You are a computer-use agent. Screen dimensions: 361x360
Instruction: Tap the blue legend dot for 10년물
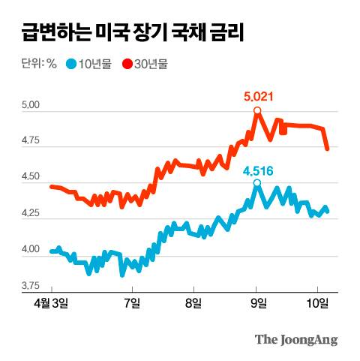(x=71, y=64)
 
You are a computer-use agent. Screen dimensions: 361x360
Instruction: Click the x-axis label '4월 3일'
(x=51, y=303)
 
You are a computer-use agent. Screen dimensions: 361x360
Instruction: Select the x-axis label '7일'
(x=132, y=303)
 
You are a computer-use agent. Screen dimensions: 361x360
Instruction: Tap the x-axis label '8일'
(x=193, y=303)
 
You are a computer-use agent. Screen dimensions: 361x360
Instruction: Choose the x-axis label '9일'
(x=257, y=303)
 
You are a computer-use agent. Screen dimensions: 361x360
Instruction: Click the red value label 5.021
(x=258, y=96)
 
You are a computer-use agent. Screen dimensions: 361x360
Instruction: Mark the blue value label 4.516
(x=258, y=169)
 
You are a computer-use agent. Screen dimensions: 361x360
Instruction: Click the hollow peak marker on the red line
(x=257, y=111)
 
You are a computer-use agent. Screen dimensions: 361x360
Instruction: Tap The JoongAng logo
(x=295, y=339)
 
